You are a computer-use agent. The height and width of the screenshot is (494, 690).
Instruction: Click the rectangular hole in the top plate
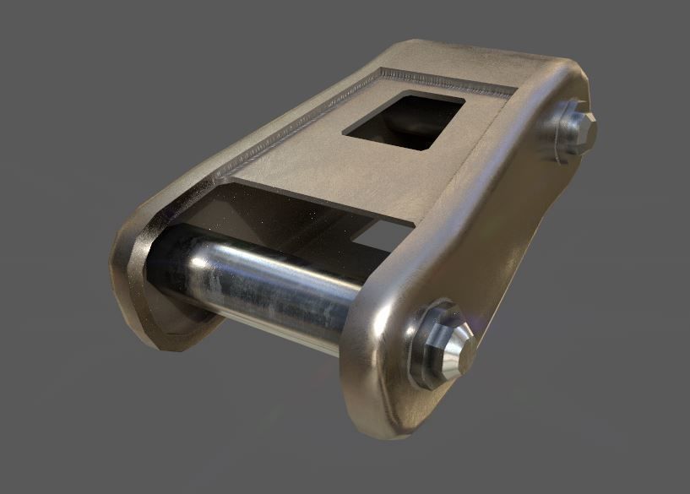(404, 120)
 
